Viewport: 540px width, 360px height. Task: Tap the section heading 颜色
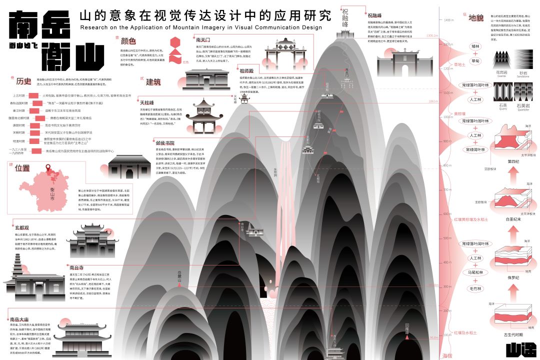[129, 40]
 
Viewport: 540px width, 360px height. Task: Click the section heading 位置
[23, 167]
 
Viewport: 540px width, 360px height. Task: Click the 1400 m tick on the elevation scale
[448, 20]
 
